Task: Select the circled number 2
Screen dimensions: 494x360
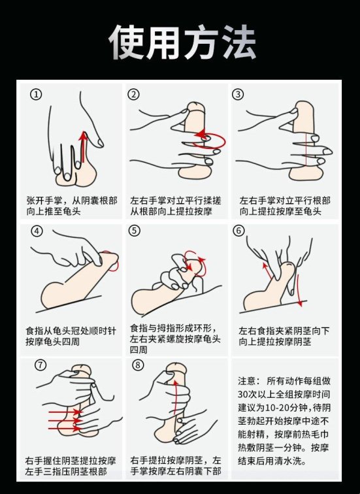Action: coord(134,94)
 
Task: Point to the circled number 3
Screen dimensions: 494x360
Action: coord(238,94)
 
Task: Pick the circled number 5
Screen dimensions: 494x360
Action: coord(134,231)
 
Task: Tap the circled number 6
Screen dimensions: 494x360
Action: coord(238,231)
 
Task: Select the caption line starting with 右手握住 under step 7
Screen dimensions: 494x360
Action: coord(71,459)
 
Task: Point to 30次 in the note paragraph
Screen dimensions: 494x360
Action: coord(248,395)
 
